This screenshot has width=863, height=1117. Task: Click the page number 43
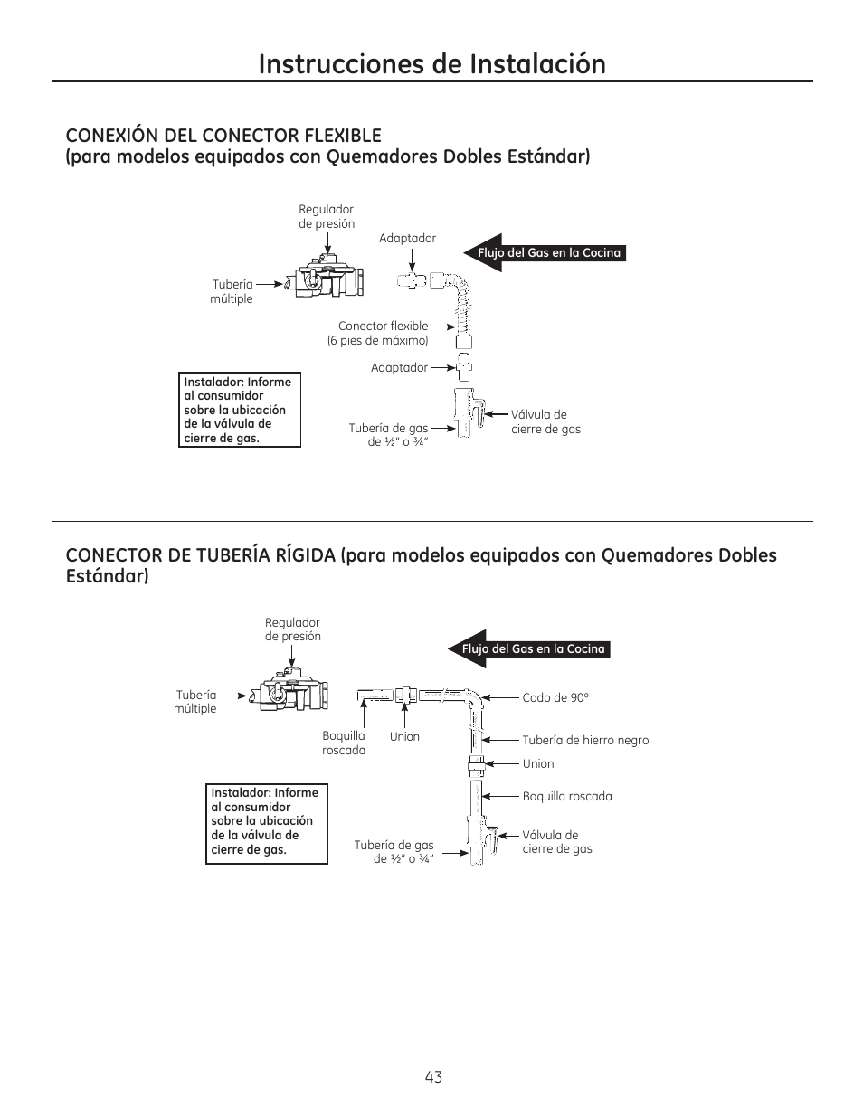click(433, 1076)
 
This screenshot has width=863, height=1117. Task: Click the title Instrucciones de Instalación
click(431, 63)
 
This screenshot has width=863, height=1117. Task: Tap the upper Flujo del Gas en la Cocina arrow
click(545, 253)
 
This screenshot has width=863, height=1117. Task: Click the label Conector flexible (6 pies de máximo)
click(377, 333)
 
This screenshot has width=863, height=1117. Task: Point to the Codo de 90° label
click(555, 697)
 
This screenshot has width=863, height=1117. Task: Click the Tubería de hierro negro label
click(585, 740)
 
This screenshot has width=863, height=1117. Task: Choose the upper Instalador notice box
click(241, 410)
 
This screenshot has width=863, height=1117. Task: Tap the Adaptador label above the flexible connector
click(407, 239)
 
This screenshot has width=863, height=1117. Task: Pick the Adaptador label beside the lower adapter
click(399, 368)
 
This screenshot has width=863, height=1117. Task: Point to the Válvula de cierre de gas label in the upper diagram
click(545, 421)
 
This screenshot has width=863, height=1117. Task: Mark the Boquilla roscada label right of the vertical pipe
click(567, 797)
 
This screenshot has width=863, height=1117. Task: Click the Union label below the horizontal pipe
click(404, 737)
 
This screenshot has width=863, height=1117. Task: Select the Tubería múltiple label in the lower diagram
click(195, 702)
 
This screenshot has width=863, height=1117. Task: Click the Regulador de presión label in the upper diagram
click(327, 216)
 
